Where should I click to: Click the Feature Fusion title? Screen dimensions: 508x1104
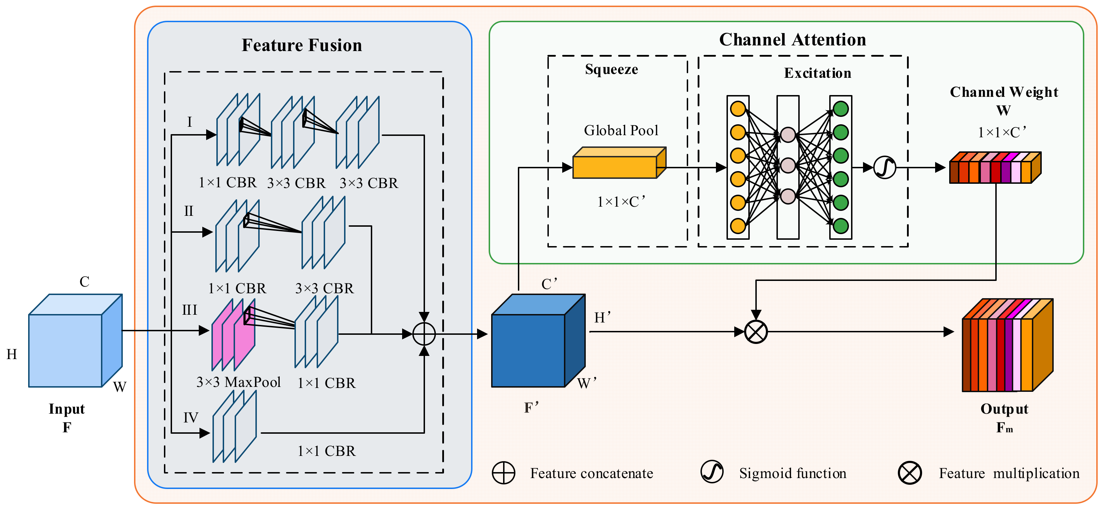point(302,45)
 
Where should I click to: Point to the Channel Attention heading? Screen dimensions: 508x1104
point(792,39)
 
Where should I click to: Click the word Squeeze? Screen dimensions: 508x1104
point(611,69)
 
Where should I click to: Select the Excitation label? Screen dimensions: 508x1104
point(817,73)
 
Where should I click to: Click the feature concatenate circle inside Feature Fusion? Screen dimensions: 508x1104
point(424,334)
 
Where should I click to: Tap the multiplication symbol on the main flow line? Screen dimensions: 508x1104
point(756,332)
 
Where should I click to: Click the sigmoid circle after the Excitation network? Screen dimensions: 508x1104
point(884,167)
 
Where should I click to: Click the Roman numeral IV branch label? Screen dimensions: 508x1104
point(191,417)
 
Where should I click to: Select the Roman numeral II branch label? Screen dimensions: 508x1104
point(189,211)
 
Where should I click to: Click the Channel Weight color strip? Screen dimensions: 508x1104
point(995,168)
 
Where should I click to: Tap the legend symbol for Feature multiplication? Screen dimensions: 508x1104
point(909,473)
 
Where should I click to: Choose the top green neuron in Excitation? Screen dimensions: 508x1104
point(840,108)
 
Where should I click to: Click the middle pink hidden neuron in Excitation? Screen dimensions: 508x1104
point(788,165)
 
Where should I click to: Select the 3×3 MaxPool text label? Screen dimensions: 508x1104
point(238,382)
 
